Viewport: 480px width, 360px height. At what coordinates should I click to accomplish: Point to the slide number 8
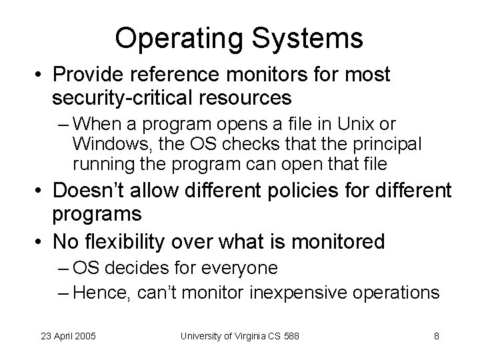pyautogui.click(x=437, y=336)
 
